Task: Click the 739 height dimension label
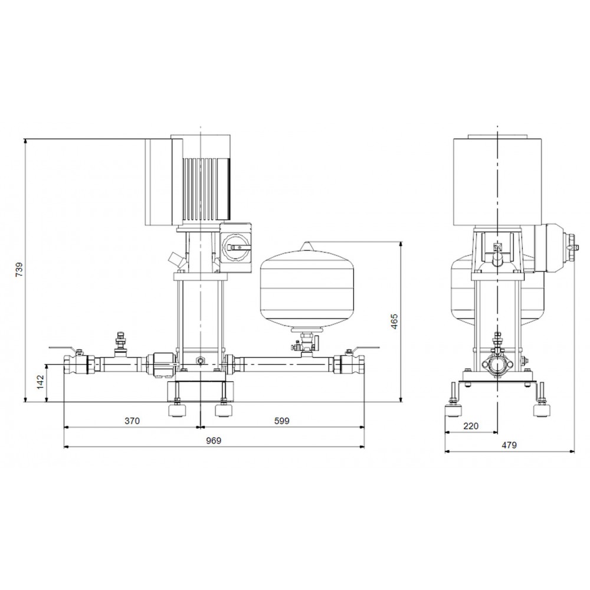(19, 270)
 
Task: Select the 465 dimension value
(394, 321)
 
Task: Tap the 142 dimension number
(41, 382)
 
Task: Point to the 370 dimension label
(132, 421)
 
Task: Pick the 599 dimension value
(282, 421)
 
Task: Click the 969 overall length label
(214, 441)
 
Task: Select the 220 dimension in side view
(471, 426)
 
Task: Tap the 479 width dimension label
(509, 445)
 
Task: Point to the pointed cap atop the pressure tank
(308, 246)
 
